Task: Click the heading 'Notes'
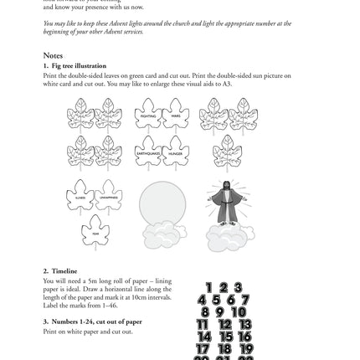coord(52,55)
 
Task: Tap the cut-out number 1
coord(209,288)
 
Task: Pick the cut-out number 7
coord(244,301)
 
